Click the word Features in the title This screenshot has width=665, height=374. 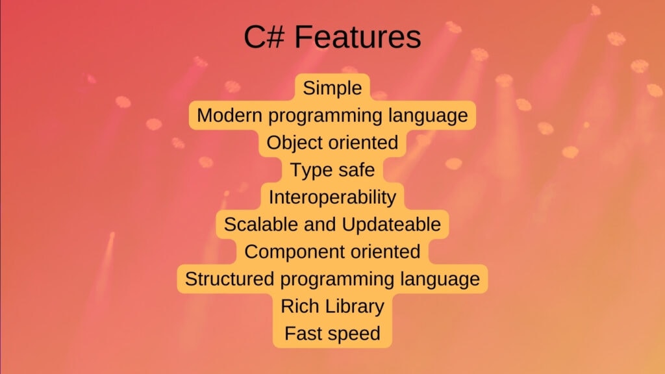tap(358, 38)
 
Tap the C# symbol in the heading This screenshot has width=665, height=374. tap(264, 38)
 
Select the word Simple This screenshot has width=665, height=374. tap(332, 88)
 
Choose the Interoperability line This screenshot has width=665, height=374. tap(332, 197)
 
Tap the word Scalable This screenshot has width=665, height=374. tap(257, 225)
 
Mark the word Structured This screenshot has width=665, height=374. tap(227, 279)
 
